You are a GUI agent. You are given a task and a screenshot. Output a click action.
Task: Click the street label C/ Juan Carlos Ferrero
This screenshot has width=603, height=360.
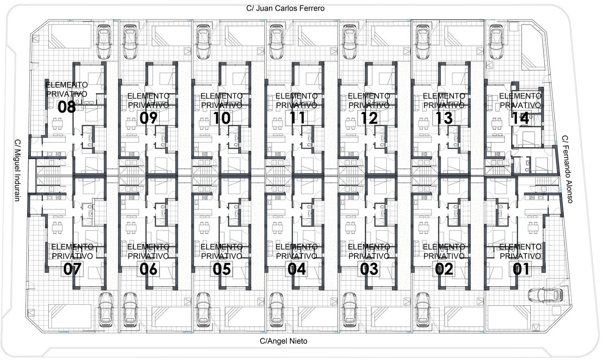[x=285, y=8]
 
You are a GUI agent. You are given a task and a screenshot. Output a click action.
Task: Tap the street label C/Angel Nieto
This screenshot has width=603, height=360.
[x=283, y=341]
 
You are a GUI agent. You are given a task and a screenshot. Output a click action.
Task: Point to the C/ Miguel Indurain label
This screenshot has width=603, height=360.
[x=17, y=170]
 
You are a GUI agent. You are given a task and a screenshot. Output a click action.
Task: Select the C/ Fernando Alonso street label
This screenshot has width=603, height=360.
[x=567, y=169]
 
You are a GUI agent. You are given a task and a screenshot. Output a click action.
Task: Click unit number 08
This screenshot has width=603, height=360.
[x=66, y=107]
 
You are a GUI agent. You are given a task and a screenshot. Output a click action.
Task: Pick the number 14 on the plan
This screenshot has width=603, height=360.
[x=520, y=118]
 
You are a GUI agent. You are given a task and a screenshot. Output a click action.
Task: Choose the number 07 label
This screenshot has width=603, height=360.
[x=72, y=269]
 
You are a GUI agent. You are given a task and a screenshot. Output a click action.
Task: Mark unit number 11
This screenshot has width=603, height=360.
[x=297, y=118]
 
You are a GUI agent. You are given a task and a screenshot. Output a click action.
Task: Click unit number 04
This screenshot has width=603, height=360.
[x=297, y=269]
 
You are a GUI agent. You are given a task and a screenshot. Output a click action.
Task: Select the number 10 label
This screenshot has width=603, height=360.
[x=222, y=118]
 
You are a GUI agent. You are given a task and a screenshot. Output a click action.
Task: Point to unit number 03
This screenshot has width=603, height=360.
[x=369, y=269]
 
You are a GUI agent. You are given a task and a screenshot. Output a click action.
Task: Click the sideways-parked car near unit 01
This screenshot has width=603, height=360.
[x=546, y=295]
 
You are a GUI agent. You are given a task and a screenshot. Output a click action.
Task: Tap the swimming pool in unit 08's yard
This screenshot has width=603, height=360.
[x=70, y=36]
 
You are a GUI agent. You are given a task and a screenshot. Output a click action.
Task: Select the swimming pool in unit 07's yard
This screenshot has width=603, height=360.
[x=70, y=316]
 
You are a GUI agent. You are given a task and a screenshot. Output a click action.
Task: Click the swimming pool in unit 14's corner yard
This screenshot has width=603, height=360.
[x=529, y=47]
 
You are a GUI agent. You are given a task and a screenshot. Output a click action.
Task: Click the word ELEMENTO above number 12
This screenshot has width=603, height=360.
[x=369, y=96]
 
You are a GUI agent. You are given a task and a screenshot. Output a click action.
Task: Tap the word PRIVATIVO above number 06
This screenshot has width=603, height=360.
[x=148, y=256]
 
